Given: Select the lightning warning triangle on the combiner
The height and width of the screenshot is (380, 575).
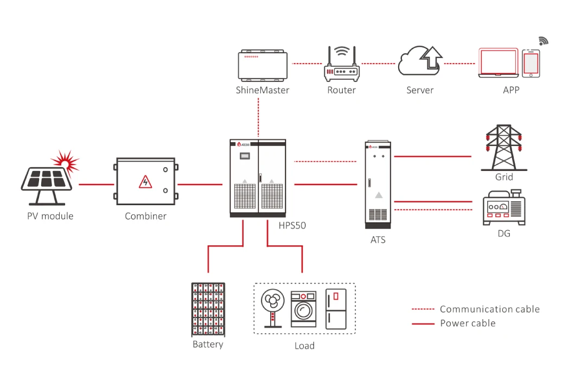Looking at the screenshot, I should coord(145,182).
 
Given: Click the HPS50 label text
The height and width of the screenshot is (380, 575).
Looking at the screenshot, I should coord(292,225).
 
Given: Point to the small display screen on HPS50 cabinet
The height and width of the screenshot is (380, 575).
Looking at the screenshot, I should coord(245,156).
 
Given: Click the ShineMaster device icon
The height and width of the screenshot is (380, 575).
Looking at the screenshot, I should coord(263,64).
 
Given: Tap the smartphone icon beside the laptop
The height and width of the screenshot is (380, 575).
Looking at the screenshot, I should coord(531,64).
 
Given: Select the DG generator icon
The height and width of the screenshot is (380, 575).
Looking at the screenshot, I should coord(503,208).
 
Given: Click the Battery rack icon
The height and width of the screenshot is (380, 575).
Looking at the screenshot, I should coord(208,309).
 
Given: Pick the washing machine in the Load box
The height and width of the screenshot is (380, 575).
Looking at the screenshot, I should coord(303,309).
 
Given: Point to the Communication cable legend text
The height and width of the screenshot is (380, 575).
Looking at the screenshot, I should coord(489,309).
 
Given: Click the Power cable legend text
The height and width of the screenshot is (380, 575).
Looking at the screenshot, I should coord(468,323).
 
